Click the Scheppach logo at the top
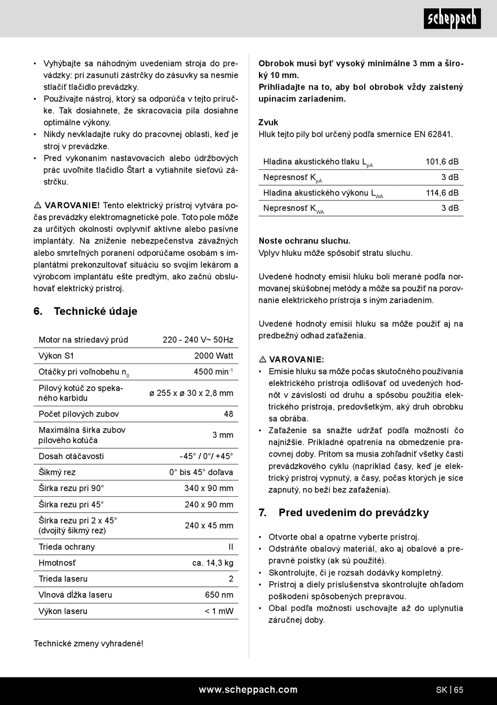pos(452,19)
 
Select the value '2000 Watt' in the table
pos(213,356)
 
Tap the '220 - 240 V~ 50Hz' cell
pos(198,339)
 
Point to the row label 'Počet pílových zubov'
pos(78,414)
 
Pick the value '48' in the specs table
pos(229,414)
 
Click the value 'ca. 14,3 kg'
pos(213,563)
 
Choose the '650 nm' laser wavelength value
pos(219,595)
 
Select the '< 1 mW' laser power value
pos(219,611)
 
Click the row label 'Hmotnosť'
pos(57,563)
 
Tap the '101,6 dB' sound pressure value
pos(442,162)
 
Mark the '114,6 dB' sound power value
pos(442,192)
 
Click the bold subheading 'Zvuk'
pos(268,122)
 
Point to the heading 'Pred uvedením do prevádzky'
pos(353,513)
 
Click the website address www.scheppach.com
pos(248,689)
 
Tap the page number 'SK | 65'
pos(449,690)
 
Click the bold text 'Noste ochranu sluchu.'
pos(304,241)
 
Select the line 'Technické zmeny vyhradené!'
pos(88,643)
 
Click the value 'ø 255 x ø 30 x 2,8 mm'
pos(191,393)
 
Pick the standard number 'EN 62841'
pos(433,134)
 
